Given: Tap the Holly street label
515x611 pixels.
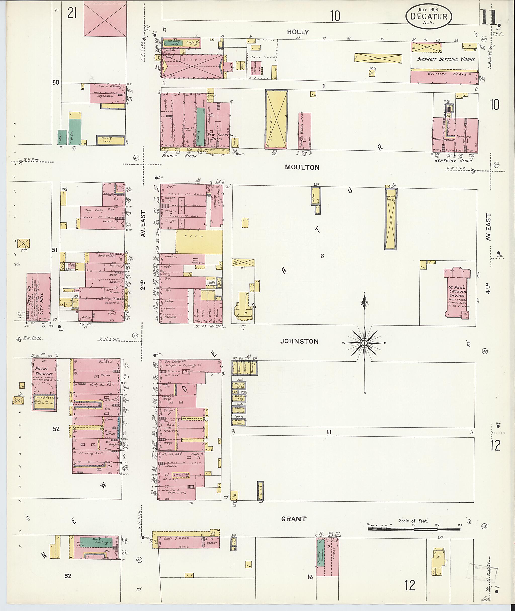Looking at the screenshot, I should point(297,32).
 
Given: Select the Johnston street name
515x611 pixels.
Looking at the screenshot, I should point(299,341).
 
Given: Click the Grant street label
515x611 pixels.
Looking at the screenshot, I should point(293,519).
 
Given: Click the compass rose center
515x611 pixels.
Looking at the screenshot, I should point(364,343).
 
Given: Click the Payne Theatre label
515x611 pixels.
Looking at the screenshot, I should point(44,372).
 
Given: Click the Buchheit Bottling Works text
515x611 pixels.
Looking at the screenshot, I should point(446,59).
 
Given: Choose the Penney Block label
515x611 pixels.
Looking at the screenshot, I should point(180,156).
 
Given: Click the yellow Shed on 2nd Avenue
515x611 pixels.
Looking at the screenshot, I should point(199,242).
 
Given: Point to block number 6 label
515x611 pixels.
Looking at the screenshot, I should point(322,256).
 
